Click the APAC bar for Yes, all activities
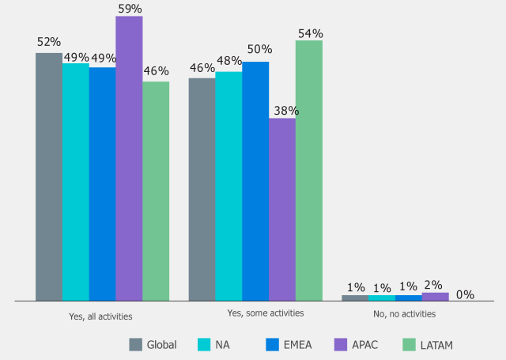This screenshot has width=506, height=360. [x=129, y=158]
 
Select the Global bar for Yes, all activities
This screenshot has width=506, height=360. [x=49, y=177]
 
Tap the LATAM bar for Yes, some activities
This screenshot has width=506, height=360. [x=308, y=171]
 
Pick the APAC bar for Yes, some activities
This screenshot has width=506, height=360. [x=282, y=210]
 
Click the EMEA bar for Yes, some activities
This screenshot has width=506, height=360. [x=255, y=181]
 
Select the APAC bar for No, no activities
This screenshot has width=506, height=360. [x=435, y=296]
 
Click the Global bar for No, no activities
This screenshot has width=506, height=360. [x=355, y=297]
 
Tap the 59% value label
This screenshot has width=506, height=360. [x=129, y=7]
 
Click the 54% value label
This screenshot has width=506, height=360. [x=309, y=32]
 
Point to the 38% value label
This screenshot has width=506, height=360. [x=282, y=110]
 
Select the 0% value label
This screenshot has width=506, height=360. [x=464, y=294]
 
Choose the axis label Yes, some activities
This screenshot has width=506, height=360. [x=266, y=313]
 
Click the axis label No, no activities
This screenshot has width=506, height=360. [x=404, y=313]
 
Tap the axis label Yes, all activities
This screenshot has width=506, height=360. [x=101, y=315]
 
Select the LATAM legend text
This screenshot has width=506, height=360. [x=437, y=345]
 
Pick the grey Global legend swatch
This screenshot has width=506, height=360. [x=135, y=344]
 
